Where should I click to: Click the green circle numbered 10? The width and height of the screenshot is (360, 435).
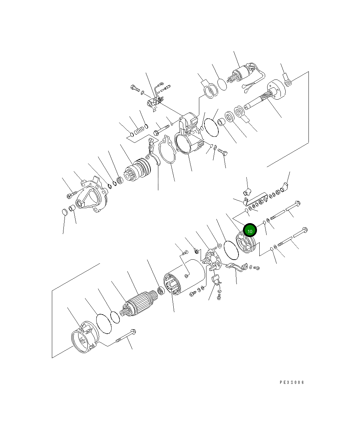(250, 230)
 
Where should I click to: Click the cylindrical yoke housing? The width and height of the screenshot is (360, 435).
(184, 277)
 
